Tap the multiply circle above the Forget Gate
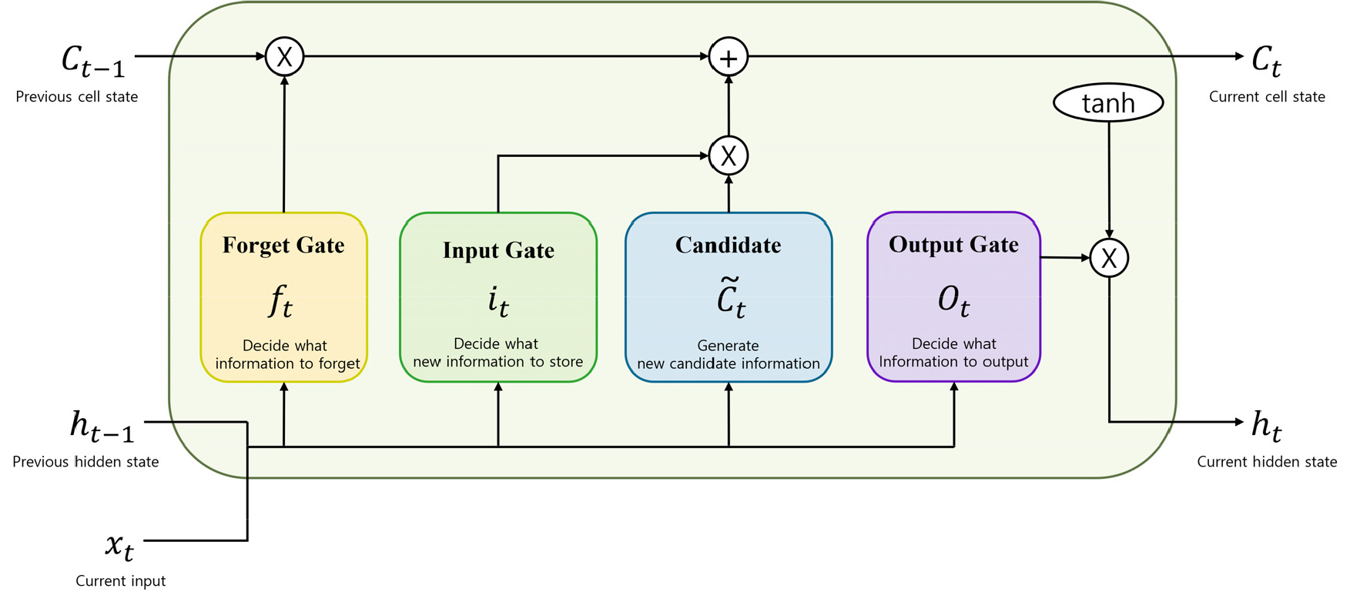(x=284, y=56)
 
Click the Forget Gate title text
(x=283, y=245)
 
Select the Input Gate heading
(x=498, y=250)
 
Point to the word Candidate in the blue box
(x=728, y=245)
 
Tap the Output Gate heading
(x=953, y=244)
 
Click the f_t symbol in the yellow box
(x=281, y=300)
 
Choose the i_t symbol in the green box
(x=498, y=301)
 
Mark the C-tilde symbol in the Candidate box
(x=730, y=298)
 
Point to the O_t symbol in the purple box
(x=953, y=300)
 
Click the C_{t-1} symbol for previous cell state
(x=92, y=62)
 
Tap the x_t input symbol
(x=119, y=547)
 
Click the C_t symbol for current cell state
(x=1266, y=61)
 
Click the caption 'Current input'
(x=120, y=580)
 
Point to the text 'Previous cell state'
(x=77, y=97)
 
